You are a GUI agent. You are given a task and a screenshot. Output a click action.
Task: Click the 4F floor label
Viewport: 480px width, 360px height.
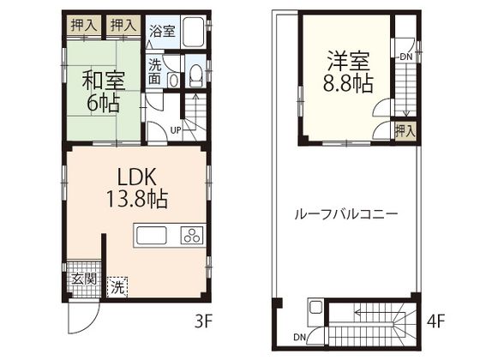pyautogui.click(x=436, y=321)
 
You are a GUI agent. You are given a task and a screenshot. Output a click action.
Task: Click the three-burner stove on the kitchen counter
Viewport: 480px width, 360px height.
pyautogui.click(x=192, y=235)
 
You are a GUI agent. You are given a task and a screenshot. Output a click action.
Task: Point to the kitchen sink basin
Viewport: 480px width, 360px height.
pyautogui.click(x=152, y=235)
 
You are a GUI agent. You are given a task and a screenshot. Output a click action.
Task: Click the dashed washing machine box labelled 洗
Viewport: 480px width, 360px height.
pyautogui.click(x=117, y=286)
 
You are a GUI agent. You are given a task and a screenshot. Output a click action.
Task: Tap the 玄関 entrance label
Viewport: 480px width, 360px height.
pyautogui.click(x=84, y=279)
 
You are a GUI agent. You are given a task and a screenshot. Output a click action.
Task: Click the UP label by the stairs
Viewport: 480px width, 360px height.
pyautogui.click(x=176, y=130)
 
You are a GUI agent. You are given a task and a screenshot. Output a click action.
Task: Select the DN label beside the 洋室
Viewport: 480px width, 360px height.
pyautogui.click(x=406, y=57)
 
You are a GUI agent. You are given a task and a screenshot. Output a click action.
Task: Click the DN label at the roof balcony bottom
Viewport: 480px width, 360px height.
pyautogui.click(x=300, y=337)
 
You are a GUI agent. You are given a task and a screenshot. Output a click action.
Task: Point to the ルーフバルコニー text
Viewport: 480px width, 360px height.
pyautogui.click(x=346, y=214)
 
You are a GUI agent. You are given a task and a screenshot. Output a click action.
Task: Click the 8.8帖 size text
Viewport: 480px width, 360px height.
pyautogui.click(x=348, y=83)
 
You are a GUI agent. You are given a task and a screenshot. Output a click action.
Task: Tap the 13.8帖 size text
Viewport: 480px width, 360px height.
pyautogui.click(x=137, y=199)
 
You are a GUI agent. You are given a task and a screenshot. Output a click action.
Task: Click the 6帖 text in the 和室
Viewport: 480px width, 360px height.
pyautogui.click(x=103, y=103)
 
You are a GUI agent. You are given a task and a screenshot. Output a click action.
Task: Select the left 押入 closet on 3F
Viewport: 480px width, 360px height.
pyautogui.click(x=84, y=25)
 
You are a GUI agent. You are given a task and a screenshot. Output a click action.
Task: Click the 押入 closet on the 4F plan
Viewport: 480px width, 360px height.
pyautogui.click(x=405, y=131)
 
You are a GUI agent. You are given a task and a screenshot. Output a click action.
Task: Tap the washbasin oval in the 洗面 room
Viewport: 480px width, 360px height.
pyautogui.click(x=173, y=81)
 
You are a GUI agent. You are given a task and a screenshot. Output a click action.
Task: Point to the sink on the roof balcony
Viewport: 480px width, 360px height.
pyautogui.click(x=315, y=308)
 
